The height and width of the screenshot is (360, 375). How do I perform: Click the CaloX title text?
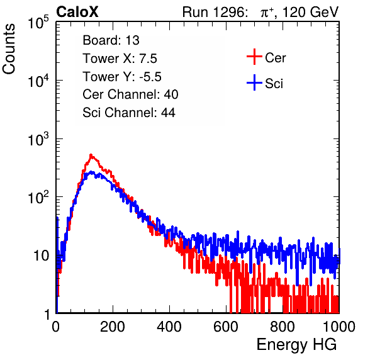[77, 12]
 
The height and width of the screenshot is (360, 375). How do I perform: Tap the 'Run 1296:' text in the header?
[215, 12]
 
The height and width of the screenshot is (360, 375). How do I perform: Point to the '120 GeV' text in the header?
[310, 12]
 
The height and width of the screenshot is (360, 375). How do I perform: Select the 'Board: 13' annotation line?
[111, 40]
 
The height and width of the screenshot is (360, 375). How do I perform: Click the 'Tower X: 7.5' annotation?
[120, 59]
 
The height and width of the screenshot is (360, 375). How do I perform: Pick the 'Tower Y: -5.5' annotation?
[122, 77]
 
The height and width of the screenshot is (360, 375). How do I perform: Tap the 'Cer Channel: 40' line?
[130, 94]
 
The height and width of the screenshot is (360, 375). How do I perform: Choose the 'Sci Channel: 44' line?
[129, 113]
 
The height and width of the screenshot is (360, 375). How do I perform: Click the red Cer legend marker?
[254, 57]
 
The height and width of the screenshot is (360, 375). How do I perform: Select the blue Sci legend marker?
[254, 83]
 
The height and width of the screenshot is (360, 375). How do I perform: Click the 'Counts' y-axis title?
[9, 49]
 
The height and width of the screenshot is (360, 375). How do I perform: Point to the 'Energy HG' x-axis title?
[296, 345]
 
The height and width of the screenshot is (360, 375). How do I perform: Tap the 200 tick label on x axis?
[113, 327]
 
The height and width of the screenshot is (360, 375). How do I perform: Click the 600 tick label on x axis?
[226, 327]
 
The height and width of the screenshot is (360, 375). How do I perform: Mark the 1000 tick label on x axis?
[339, 327]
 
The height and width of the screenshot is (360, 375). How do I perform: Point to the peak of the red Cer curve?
[91, 155]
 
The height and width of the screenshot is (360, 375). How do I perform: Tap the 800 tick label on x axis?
[283, 327]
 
